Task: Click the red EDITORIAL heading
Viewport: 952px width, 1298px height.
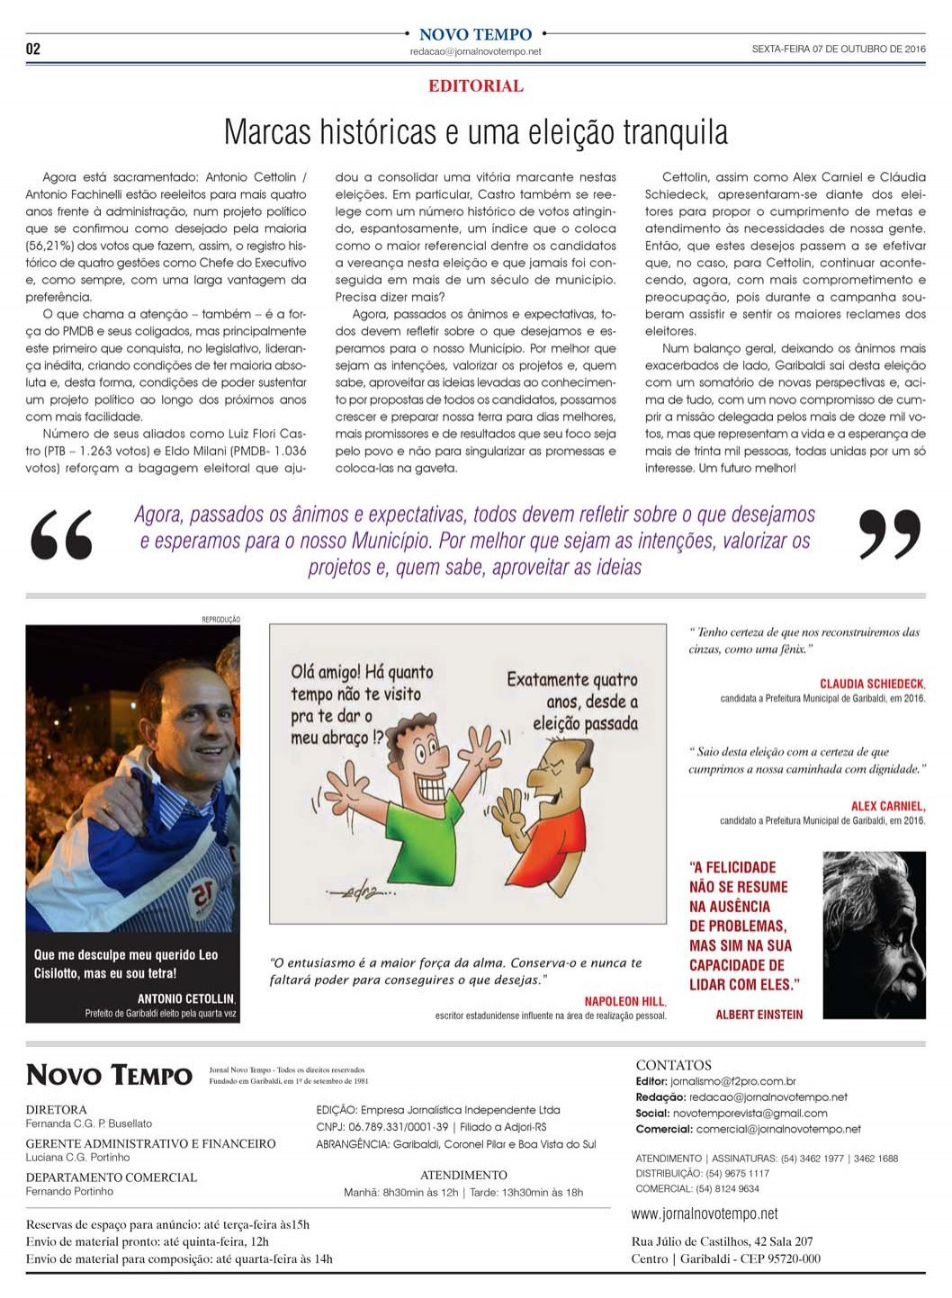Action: point(475,86)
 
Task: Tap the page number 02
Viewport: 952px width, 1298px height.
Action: point(33,49)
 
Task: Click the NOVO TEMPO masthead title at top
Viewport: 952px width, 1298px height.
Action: point(475,34)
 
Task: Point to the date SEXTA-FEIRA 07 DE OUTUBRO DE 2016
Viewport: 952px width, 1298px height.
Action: point(838,49)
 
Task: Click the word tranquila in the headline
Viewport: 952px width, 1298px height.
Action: point(676,132)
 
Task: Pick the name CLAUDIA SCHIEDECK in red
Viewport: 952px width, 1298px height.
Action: point(872,685)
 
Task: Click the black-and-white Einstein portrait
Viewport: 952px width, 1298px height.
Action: point(874,922)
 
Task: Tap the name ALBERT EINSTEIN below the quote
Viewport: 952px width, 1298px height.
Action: point(759,1015)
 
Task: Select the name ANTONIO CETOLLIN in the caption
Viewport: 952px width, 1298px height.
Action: point(185,998)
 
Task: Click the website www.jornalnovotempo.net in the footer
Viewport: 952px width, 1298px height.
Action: point(705,1214)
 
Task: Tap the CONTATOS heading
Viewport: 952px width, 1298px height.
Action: point(673,1065)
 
